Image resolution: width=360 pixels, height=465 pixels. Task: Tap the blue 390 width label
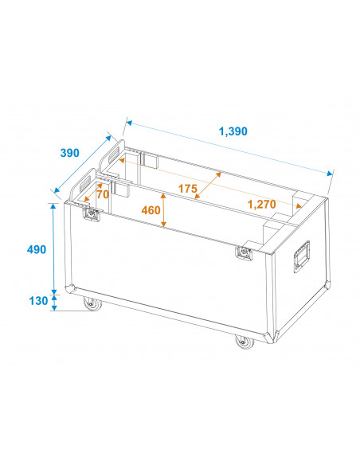[68, 152]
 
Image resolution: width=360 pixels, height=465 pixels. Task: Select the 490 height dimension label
[36, 249]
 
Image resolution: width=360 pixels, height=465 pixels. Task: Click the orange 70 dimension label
[103, 193]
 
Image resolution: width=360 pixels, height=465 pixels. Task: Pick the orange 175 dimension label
[188, 190]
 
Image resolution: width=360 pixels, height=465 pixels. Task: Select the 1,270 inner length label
[261, 205]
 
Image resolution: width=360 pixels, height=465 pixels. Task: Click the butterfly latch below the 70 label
[92, 215]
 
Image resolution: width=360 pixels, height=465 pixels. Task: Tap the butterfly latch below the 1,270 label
[243, 253]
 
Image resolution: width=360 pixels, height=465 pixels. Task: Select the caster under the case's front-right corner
[242, 342]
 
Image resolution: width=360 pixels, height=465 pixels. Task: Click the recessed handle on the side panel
[303, 256]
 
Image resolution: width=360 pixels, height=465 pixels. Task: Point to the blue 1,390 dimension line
[229, 148]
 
